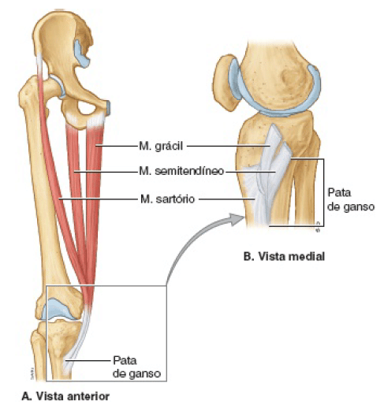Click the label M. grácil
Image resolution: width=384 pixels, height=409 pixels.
161,146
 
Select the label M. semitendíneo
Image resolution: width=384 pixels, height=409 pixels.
181,171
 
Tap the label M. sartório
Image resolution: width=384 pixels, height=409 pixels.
168,199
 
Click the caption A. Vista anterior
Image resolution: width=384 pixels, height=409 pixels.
65,396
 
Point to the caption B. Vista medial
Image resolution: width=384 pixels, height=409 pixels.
284,256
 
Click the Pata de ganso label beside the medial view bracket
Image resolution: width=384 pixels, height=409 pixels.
351,199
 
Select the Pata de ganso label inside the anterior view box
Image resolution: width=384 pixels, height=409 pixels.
136,366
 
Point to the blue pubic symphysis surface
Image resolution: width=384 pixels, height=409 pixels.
108,108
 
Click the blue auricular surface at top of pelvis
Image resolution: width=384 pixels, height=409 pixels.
81,54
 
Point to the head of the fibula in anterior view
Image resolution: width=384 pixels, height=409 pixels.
37,340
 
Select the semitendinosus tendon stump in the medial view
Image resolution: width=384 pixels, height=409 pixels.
285,151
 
